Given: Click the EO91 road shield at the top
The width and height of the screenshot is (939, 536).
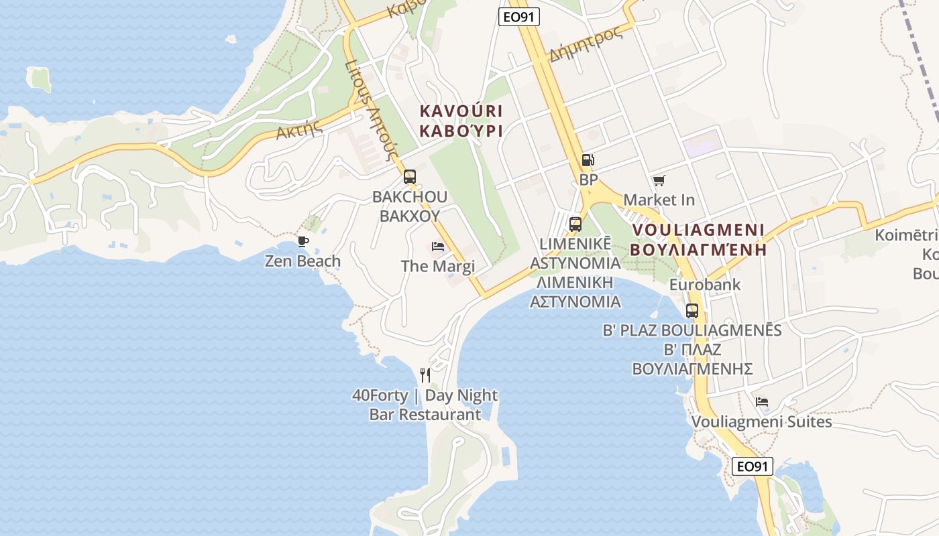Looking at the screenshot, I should (520, 17).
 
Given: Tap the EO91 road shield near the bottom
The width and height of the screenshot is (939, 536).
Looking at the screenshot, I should (752, 466).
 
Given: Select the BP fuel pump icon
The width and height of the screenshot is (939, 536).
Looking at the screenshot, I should (588, 160).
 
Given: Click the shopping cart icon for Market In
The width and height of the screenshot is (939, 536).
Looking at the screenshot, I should (659, 180).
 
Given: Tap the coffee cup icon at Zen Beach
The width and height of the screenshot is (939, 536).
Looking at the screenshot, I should (302, 241).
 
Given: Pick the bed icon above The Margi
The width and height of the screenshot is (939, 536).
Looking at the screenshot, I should (438, 247).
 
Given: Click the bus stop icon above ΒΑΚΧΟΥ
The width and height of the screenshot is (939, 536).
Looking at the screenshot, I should (409, 177).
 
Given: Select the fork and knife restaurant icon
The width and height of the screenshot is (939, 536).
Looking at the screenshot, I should (425, 375).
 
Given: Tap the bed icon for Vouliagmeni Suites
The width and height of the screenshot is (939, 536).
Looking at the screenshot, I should (761, 402).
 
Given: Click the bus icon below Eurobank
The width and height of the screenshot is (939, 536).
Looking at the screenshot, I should (692, 311).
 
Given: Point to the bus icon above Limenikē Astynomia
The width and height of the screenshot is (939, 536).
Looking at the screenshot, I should (575, 224).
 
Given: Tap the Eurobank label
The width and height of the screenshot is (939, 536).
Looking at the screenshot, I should (705, 285).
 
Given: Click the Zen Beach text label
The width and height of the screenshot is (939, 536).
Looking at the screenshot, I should (302, 261).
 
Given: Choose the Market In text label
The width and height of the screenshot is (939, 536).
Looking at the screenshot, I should (659, 200).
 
